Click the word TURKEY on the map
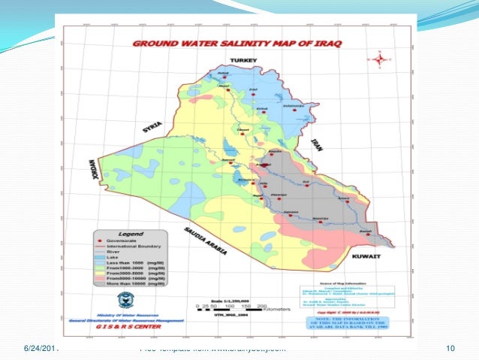[x=245, y=59]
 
